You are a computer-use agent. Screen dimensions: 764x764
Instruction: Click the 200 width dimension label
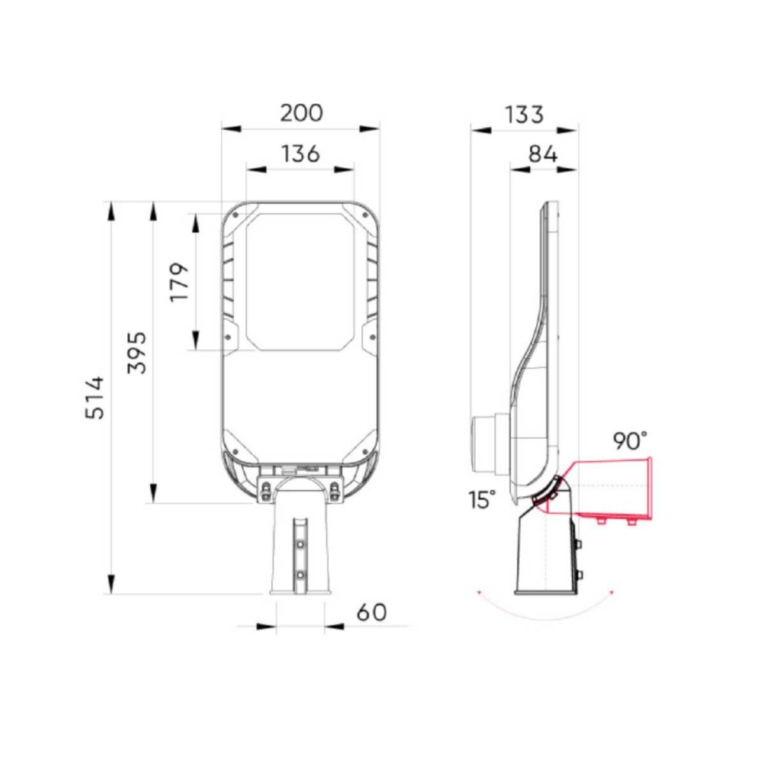(302, 113)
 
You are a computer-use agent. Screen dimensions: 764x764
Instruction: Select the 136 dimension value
(300, 153)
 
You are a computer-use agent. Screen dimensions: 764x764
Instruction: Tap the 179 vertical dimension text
(180, 281)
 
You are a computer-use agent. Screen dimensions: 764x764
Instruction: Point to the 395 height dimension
(137, 352)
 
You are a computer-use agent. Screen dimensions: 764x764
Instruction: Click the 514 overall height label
(95, 397)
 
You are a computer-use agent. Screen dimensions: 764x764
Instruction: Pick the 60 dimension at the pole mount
(371, 612)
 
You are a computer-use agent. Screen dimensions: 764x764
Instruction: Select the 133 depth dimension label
(524, 115)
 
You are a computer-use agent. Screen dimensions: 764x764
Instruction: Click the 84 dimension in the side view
(542, 154)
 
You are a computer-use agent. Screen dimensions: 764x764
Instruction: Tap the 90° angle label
(630, 441)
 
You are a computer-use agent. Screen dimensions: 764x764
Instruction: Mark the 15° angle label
(482, 500)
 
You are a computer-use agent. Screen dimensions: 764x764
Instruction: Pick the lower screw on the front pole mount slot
(300, 574)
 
